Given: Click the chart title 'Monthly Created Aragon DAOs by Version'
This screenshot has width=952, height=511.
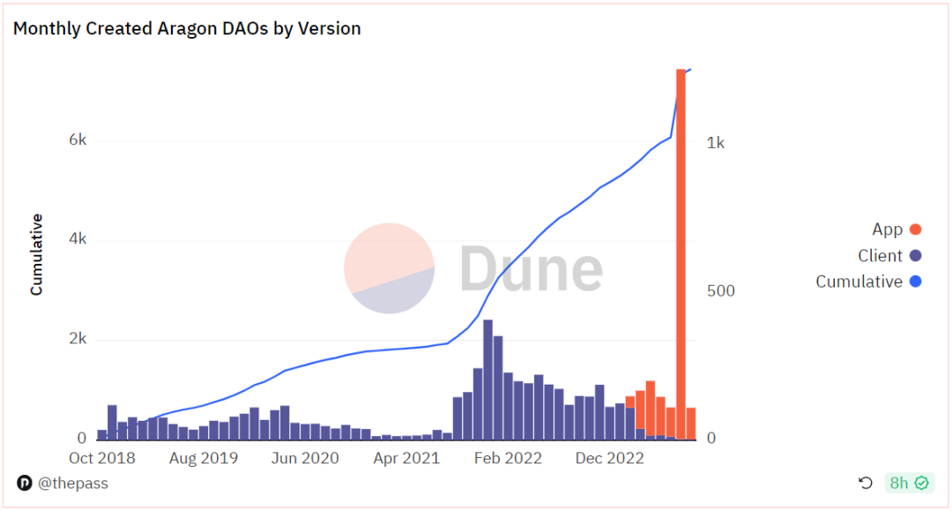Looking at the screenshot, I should point(187,28).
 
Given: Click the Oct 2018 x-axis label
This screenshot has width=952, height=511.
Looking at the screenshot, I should point(102,459).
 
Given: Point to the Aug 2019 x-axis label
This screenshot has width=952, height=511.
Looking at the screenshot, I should point(204,459).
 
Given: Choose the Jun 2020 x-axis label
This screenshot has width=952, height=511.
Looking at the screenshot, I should point(304,459).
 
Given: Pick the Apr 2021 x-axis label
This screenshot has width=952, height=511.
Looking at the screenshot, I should point(405,459).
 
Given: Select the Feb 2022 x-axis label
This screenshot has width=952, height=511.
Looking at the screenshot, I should point(507,459).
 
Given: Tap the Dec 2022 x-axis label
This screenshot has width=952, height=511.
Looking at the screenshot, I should point(608,459).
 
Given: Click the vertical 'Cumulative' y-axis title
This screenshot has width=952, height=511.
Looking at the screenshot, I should point(37,254).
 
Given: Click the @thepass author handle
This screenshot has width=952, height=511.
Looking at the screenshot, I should point(63,484).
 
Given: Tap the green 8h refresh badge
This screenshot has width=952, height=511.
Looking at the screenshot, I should point(909,483).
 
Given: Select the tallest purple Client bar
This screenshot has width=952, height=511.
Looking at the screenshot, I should point(487,379).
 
